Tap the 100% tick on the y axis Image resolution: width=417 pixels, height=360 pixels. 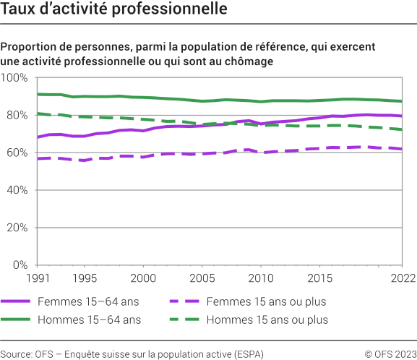(14, 77)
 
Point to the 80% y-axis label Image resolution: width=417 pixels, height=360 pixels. (17, 115)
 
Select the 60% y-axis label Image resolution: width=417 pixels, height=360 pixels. (17, 153)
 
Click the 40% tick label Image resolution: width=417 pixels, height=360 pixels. (17, 190)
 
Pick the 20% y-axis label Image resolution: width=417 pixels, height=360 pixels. (17, 228)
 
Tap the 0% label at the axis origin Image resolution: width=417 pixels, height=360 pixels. (20, 265)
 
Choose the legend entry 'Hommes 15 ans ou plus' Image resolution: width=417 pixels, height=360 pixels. (267, 319)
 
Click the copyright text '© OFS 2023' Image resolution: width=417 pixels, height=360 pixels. (390, 353)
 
